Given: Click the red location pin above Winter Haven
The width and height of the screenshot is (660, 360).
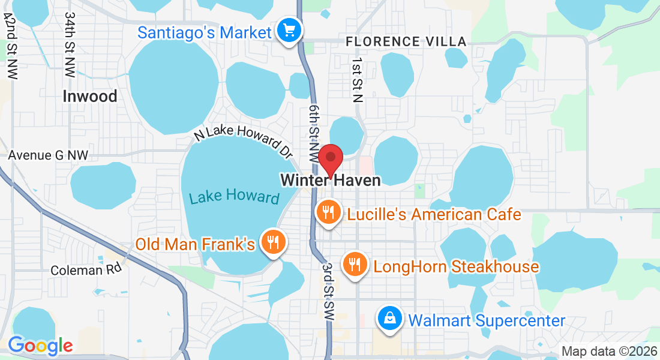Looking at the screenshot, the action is [x=330, y=158].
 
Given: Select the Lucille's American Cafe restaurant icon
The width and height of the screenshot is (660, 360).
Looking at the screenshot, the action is [x=328, y=213].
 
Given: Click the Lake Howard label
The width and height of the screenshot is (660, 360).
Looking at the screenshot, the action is [x=235, y=197].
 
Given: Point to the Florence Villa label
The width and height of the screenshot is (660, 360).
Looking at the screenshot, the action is [x=406, y=42].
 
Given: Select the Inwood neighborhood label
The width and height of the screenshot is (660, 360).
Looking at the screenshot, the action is [x=90, y=96].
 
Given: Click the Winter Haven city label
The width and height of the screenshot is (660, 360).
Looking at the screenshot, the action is [x=331, y=180].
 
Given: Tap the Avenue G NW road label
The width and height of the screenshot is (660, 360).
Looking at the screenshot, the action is [x=48, y=155].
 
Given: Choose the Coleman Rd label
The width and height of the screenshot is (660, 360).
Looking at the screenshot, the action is [x=86, y=269].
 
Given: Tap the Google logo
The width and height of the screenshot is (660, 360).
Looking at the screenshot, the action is [x=40, y=346].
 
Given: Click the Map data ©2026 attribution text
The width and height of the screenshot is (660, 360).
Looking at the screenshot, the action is [x=609, y=351].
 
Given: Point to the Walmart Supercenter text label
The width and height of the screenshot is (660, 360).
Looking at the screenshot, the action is [x=487, y=320].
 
